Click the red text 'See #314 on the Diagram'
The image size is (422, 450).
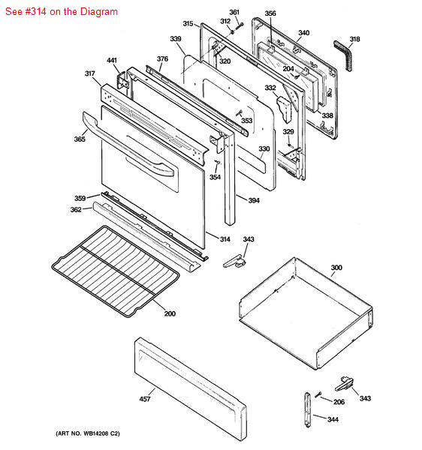click(60, 12)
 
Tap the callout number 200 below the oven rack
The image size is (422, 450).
click(170, 313)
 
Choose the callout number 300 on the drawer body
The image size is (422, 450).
click(336, 268)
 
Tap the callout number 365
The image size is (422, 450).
click(80, 139)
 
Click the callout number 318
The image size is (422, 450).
click(354, 39)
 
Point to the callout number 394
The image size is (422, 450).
click(254, 200)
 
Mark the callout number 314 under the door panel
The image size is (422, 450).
click(225, 238)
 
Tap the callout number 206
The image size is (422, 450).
click(339, 402)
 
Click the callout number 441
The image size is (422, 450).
click(112, 60)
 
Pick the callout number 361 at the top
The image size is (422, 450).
click(234, 12)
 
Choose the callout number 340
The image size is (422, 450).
click(303, 33)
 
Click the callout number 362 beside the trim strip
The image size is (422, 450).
click(76, 210)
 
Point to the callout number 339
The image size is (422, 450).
click(176, 39)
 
